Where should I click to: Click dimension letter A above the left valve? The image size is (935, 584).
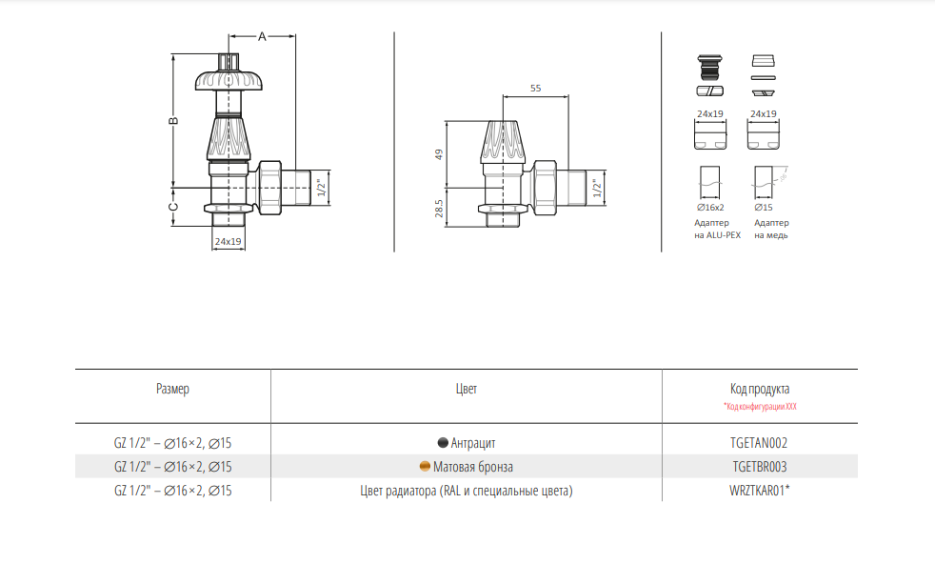point(262,37)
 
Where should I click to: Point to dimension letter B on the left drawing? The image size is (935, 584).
point(173,120)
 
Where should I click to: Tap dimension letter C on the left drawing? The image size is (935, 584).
point(173,207)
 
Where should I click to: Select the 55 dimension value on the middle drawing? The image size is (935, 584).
point(535,89)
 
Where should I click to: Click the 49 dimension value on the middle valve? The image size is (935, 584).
point(439,154)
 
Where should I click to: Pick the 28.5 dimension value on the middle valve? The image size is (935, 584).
point(439,209)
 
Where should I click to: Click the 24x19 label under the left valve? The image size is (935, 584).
point(229,242)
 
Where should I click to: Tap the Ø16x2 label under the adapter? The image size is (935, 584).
point(710,208)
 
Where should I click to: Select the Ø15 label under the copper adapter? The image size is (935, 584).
point(764,208)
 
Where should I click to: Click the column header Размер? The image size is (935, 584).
point(172,389)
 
